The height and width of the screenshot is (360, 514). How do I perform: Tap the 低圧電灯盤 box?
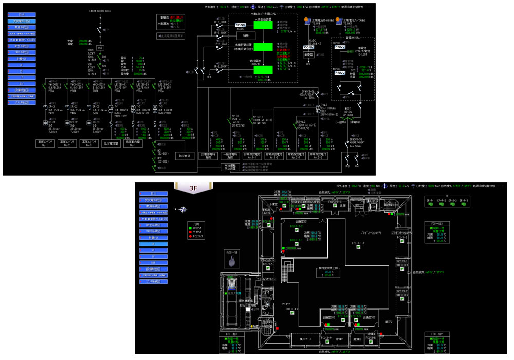[x=112, y=144]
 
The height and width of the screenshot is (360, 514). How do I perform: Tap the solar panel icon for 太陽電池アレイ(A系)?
[x=308, y=22]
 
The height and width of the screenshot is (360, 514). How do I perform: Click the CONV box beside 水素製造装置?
[x=241, y=25]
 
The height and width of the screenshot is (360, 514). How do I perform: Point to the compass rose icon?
[x=184, y=210]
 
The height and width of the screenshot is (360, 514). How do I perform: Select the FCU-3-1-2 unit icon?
[x=358, y=247]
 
